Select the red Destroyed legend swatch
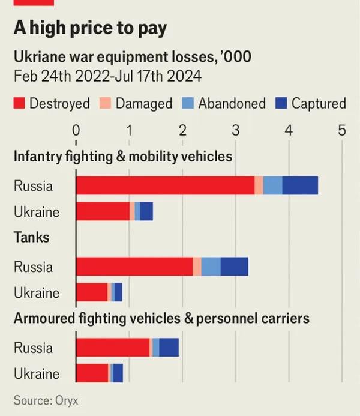pyautogui.click(x=20, y=103)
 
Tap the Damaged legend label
pyautogui.click(x=143, y=103)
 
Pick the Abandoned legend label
pyautogui.click(x=232, y=103)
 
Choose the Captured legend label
pyautogui.click(x=319, y=103)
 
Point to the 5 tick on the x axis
pyautogui.click(x=342, y=130)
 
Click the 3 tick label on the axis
pyautogui.click(x=235, y=130)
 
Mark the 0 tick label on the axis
pyautogui.click(x=76, y=130)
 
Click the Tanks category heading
pyautogui.click(x=32, y=237)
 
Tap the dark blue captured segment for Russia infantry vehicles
pyautogui.click(x=299, y=185)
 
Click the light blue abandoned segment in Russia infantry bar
pyautogui.click(x=272, y=185)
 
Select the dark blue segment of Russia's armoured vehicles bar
pyautogui.click(x=169, y=348)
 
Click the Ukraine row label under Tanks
pyautogui.click(x=37, y=293)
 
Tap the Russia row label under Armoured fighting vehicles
pyautogui.click(x=34, y=348)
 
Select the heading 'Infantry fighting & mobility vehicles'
pyautogui.click(x=123, y=157)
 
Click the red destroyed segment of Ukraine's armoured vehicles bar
pyautogui.click(x=92, y=373)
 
